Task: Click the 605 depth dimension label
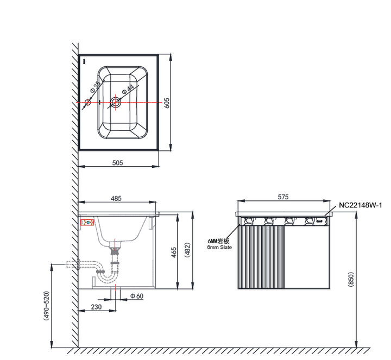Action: coord(167,103)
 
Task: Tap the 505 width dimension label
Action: coord(117,163)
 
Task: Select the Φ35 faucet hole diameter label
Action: coord(96,86)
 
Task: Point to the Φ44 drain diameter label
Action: coord(128,89)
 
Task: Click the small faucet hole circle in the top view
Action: coord(87,102)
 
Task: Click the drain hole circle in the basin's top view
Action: coord(116,102)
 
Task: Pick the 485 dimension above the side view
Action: coord(116,198)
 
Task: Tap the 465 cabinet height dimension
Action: coord(174,252)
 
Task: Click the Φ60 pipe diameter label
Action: coord(137,296)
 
